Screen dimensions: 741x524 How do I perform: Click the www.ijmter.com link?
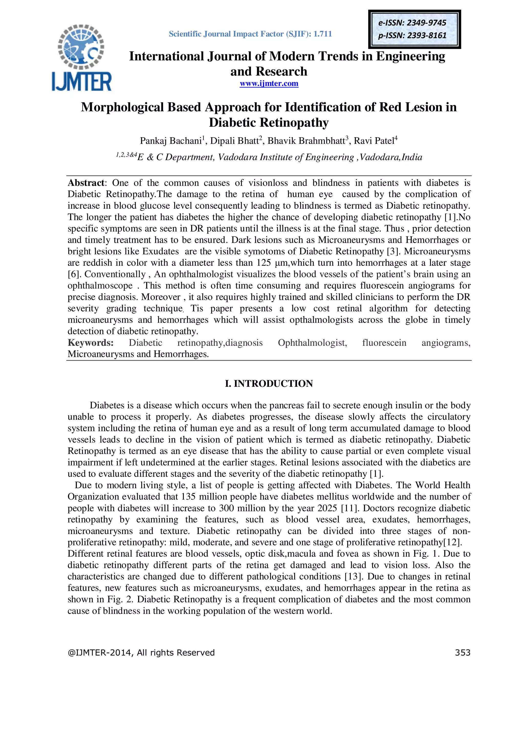coord(269,84)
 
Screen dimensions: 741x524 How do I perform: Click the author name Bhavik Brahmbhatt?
coord(306,141)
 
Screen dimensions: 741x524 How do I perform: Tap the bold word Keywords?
coord(90,343)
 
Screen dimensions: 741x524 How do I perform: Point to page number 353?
coord(462,652)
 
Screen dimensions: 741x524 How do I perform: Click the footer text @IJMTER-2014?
coord(100,652)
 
